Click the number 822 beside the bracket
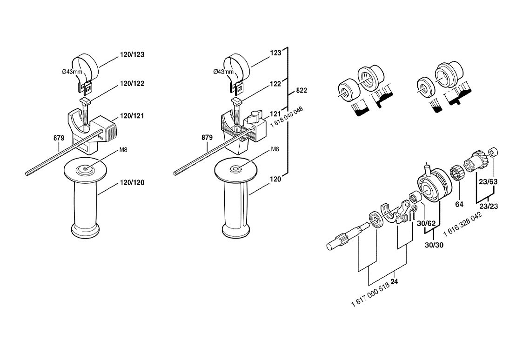pos(302,90)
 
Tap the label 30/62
pos(426,223)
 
